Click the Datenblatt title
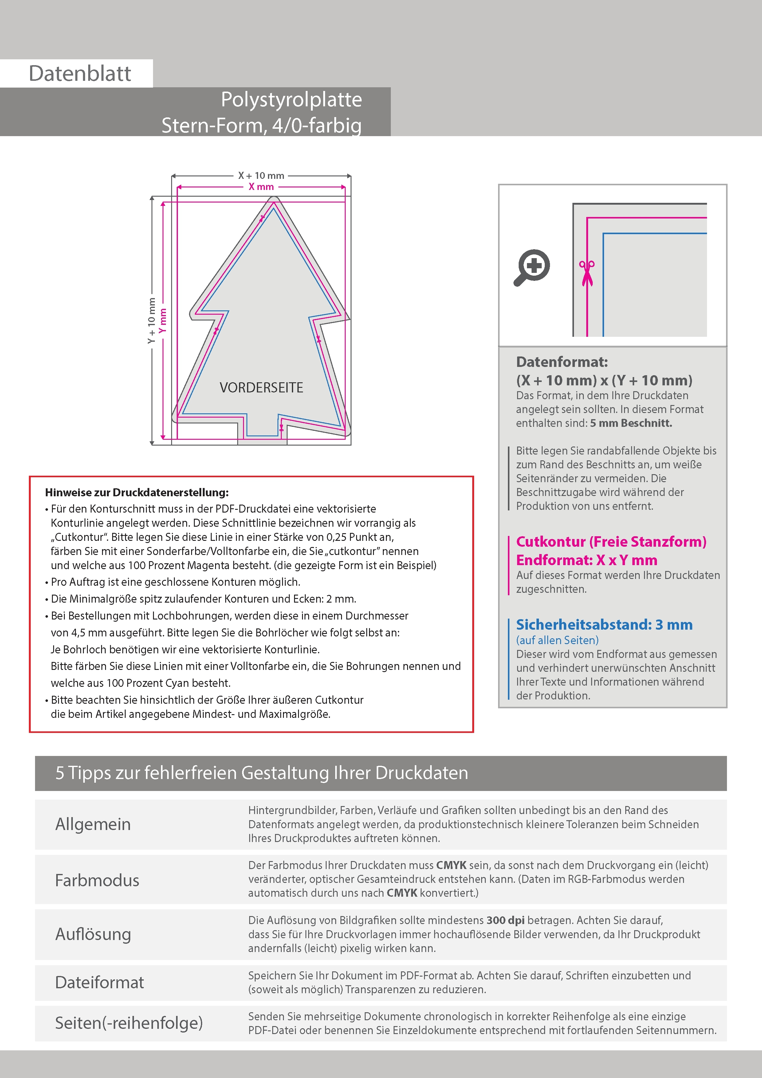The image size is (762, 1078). (x=80, y=74)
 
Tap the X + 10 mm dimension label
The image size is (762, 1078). (x=261, y=175)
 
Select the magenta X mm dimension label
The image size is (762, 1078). (x=261, y=187)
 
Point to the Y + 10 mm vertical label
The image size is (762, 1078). (x=151, y=321)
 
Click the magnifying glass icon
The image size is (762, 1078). (x=532, y=267)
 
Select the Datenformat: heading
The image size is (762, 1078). (x=562, y=362)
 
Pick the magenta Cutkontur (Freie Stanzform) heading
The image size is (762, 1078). (x=611, y=542)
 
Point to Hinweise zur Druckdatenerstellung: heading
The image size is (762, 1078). (x=137, y=493)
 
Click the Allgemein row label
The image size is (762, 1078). (x=93, y=824)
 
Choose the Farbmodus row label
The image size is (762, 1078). (x=97, y=880)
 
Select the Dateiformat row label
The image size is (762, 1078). (x=100, y=982)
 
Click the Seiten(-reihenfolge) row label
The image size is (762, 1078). (x=129, y=1023)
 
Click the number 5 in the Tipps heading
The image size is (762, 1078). (x=60, y=773)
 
